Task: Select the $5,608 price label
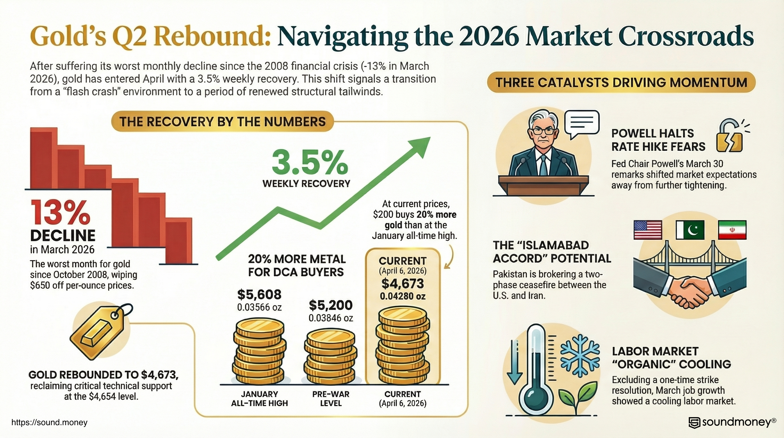(259, 295)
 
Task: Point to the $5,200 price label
(330, 305)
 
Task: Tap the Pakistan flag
(690, 230)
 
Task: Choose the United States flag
(648, 230)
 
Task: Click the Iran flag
(732, 230)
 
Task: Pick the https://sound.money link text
(49, 423)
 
